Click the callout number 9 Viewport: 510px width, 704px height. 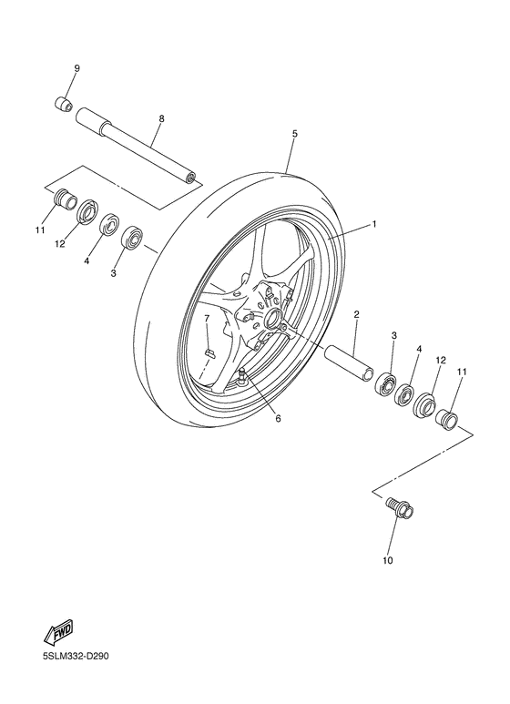(76, 68)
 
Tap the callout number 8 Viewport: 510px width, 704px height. (161, 118)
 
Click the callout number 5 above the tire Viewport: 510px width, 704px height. (294, 134)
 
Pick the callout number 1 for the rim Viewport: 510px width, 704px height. (373, 223)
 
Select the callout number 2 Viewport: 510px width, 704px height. (356, 314)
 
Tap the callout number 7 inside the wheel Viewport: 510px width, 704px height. (207, 319)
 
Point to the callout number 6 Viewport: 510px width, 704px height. (279, 419)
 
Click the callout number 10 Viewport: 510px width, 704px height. (387, 561)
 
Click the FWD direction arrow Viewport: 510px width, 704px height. (57, 630)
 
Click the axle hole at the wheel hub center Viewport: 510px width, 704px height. (271, 320)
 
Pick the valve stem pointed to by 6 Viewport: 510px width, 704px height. (244, 376)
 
